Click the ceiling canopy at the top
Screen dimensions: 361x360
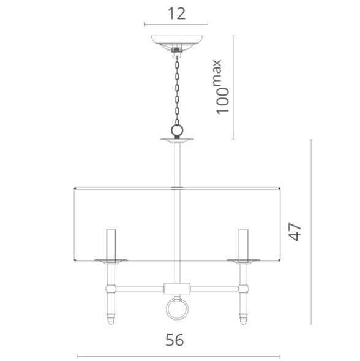point(177,43)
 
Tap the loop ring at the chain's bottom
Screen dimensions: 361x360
point(177,131)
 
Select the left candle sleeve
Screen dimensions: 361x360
point(110,244)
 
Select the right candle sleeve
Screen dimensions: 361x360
point(243,244)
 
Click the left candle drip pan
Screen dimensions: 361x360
point(110,262)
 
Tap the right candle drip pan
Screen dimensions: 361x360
point(243,262)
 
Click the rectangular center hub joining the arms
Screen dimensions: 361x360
point(176,287)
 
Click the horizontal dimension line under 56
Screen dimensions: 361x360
point(178,356)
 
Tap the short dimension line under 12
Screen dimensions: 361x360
point(176,25)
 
